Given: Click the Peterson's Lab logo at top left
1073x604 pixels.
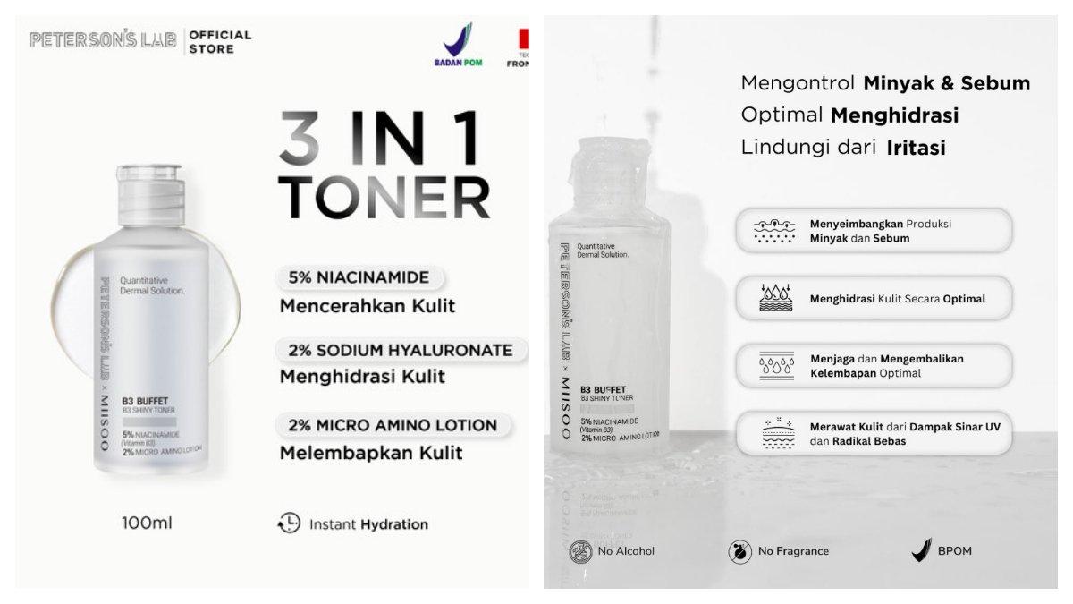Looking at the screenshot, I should click(103, 40).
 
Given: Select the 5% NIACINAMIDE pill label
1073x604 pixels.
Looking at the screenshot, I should click(359, 277).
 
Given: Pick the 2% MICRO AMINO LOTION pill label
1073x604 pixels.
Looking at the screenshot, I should click(387, 424).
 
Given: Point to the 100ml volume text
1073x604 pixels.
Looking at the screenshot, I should click(147, 523).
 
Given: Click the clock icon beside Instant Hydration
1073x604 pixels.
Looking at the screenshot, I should click(290, 523).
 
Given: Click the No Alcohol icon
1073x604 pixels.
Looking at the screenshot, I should click(581, 550).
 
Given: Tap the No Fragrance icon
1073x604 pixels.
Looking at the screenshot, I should click(740, 550).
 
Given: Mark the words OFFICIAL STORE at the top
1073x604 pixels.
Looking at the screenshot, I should click(220, 41).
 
